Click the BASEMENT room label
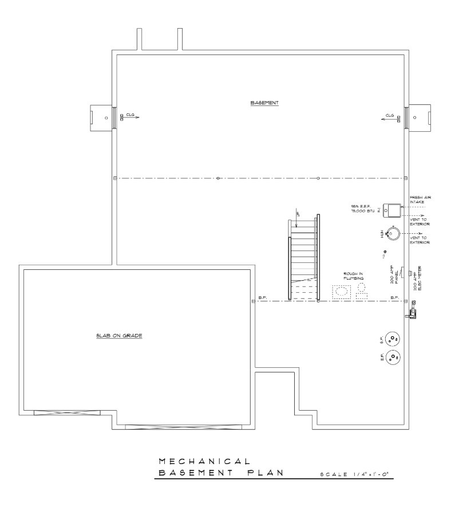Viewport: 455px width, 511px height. (264, 103)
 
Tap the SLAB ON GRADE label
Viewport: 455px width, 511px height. (119, 336)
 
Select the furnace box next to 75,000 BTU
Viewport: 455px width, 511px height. (391, 211)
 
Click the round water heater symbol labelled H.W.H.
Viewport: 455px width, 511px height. (393, 234)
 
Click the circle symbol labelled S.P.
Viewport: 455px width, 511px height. (393, 339)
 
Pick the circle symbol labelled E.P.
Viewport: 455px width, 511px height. (393, 358)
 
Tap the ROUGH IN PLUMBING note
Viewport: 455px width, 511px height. (353, 276)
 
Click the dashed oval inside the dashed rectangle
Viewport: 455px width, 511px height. (342, 291)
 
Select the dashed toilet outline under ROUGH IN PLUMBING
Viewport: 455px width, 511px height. (362, 290)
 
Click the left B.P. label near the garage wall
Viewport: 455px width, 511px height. (262, 297)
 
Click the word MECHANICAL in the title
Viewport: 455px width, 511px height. (203, 461)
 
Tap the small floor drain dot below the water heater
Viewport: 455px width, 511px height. (385, 252)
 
